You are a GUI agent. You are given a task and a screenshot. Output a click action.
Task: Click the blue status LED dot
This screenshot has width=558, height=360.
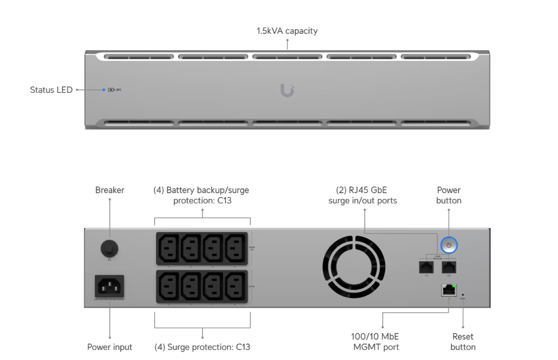click(x=103, y=90)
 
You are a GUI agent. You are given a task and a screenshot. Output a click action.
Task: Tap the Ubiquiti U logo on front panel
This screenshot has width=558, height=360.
click(x=287, y=90)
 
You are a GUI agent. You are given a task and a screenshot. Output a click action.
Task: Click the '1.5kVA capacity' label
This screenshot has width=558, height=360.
click(x=287, y=30)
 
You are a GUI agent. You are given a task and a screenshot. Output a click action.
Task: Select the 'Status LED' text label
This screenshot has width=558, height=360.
click(x=51, y=90)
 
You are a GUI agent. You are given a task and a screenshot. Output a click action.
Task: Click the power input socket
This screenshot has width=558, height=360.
click(x=109, y=286)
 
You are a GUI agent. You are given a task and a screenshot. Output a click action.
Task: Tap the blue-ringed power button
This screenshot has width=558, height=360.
click(x=449, y=245)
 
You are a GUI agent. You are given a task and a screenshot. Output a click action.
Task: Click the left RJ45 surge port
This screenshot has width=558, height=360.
click(x=426, y=267)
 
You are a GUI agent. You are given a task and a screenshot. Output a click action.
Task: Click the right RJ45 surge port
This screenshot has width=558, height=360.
click(x=449, y=267)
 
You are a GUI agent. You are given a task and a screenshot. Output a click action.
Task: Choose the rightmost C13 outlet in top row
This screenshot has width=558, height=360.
click(x=236, y=247)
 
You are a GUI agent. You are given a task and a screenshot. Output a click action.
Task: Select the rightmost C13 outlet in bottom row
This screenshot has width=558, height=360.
click(x=236, y=286)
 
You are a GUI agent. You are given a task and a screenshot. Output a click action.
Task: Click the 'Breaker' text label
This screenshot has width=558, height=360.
click(x=109, y=190)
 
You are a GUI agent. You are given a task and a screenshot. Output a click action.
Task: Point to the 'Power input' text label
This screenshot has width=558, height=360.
click(x=109, y=347)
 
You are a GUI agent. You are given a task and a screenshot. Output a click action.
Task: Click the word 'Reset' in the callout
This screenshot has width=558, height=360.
click(x=463, y=337)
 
